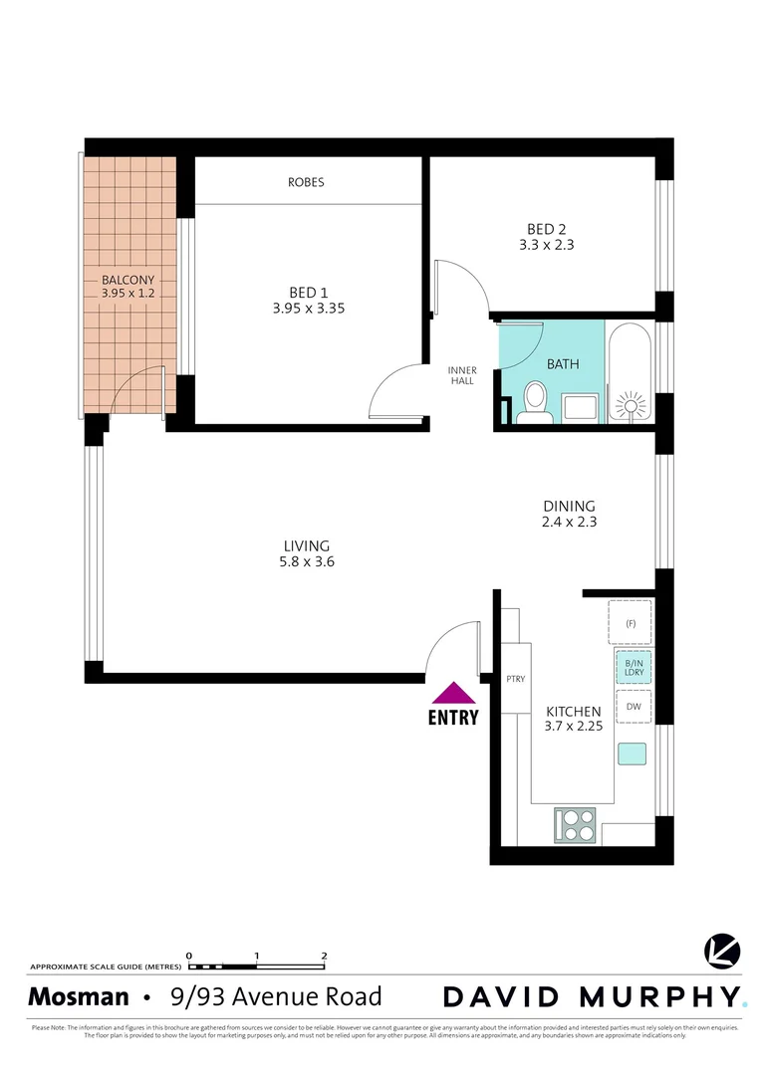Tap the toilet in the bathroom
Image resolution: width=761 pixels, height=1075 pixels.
536,404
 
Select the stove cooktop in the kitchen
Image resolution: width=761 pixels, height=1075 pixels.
577,824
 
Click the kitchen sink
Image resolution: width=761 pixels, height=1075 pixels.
632,753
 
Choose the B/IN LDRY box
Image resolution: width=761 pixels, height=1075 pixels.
634,667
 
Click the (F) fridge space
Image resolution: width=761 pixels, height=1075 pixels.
631,623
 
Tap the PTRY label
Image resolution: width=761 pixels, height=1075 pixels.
516,679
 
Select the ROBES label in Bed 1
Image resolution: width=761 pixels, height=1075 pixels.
306,182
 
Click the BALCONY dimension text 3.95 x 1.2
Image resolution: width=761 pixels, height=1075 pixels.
128,294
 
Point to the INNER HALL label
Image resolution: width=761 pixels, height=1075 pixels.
461,375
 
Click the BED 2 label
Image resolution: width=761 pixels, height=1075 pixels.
547,226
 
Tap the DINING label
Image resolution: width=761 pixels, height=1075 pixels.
569,505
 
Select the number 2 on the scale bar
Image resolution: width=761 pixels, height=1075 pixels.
325,955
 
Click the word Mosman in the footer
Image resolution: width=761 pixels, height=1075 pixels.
78,996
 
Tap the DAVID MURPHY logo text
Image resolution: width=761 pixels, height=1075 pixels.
592,996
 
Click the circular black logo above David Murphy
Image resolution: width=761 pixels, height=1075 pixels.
721,952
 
